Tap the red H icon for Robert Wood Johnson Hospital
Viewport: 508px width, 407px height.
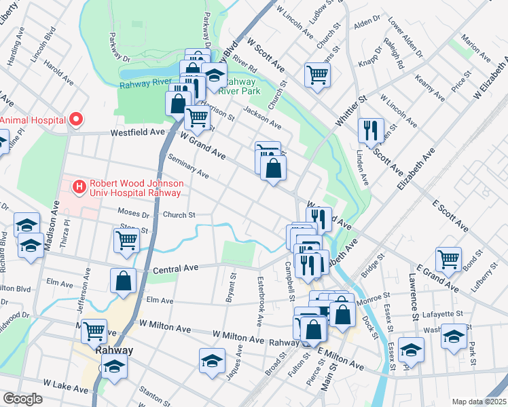80,185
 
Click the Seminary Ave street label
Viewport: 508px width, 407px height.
188,166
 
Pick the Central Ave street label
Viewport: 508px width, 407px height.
175,269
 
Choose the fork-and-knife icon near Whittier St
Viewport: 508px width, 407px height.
371,130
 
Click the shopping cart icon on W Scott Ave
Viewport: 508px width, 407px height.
317,74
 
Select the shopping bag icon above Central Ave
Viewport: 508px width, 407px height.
123,281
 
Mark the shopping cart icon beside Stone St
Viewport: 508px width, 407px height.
126,240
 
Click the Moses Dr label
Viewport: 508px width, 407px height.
133,214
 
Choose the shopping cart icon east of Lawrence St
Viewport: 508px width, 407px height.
448,258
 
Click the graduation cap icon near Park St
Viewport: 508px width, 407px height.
454,336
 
